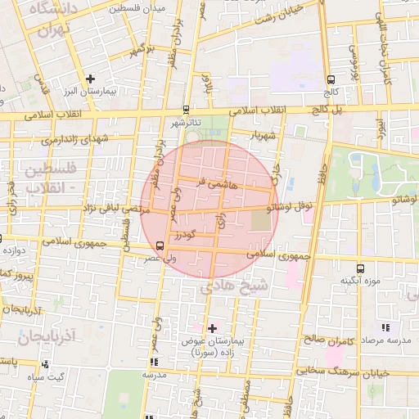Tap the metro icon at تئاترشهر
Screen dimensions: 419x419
(x=187, y=109)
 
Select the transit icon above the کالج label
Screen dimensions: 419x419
(x=331, y=80)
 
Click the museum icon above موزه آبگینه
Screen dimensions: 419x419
(x=361, y=268)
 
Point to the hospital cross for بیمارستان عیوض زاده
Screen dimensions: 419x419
(x=213, y=327)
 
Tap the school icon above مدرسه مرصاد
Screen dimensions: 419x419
(x=385, y=328)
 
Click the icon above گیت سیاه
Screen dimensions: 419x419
(x=45, y=365)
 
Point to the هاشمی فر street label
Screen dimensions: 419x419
(x=217, y=184)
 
